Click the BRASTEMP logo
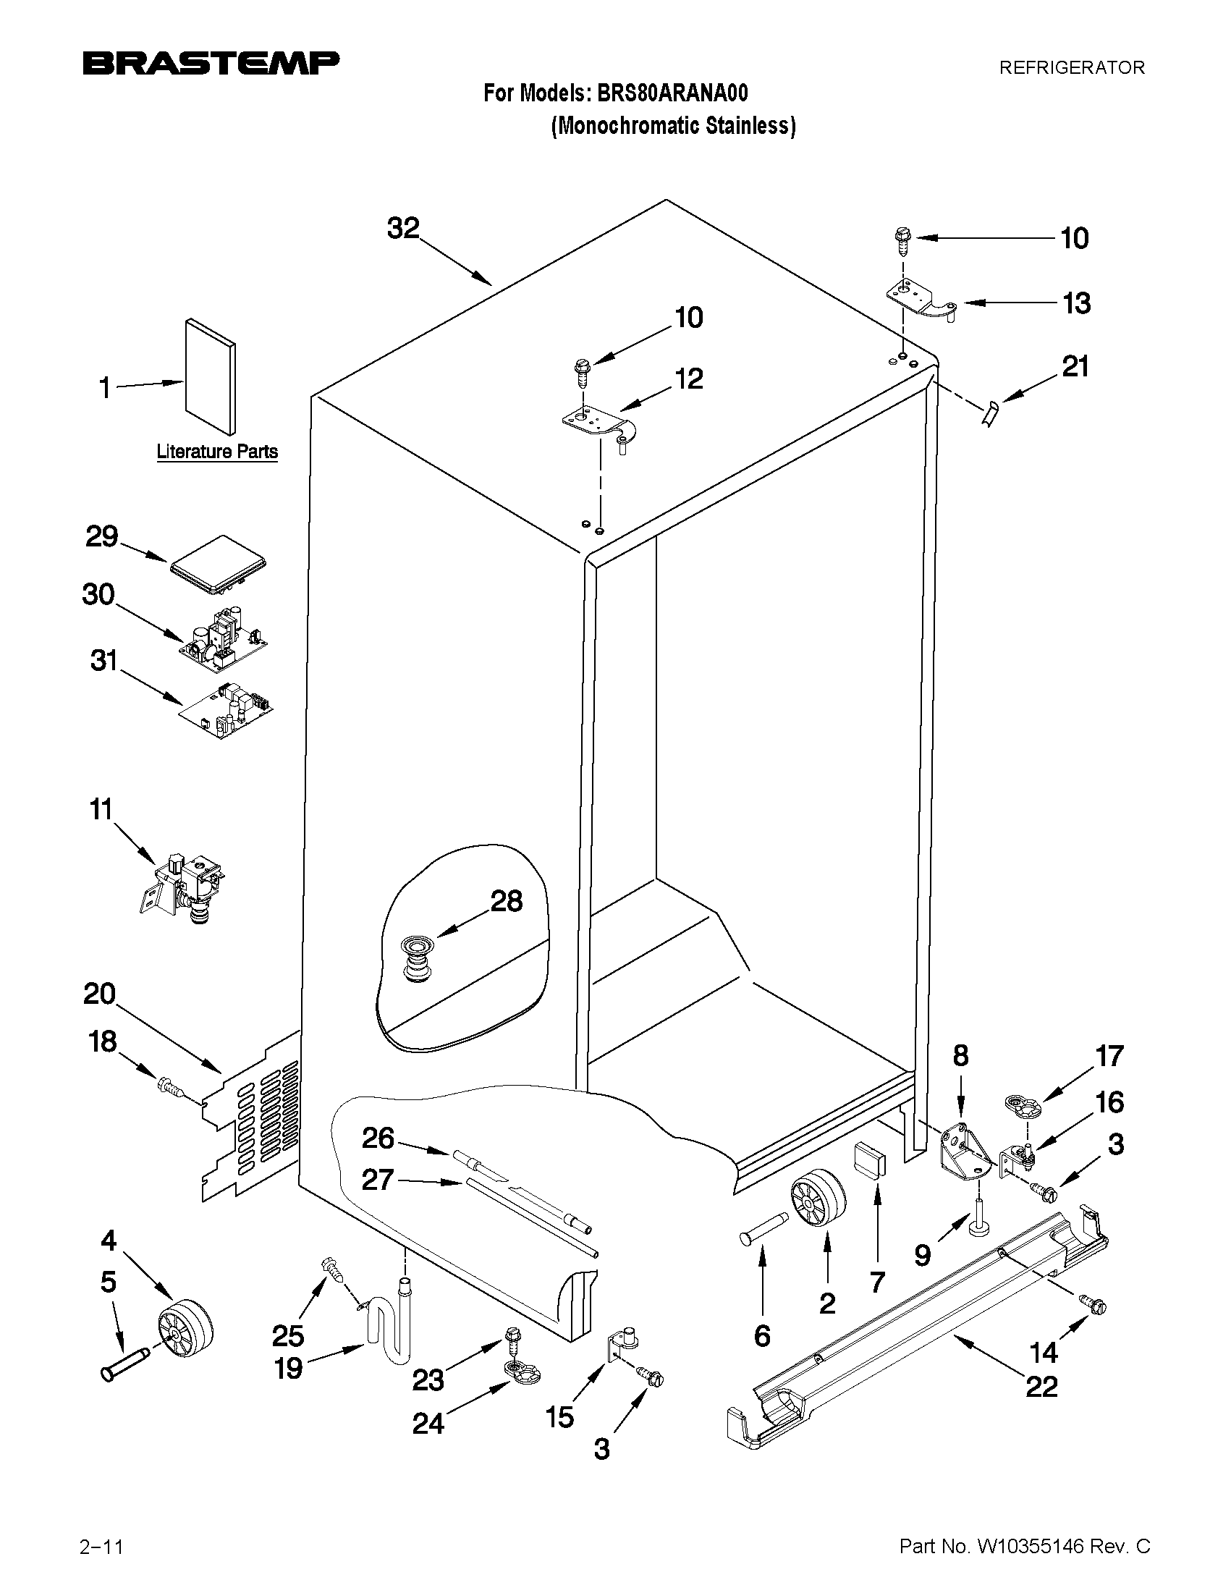211,64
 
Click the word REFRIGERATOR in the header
1071,68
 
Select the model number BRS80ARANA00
672,93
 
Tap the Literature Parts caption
217,452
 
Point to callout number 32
403,228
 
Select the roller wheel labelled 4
185,1330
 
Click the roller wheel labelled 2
817,1201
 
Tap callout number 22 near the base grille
1041,1386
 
